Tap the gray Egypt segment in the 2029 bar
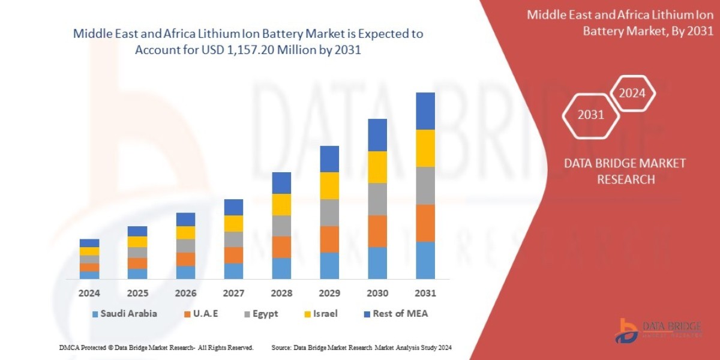tap(329, 212)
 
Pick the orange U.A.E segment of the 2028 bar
tap(281, 247)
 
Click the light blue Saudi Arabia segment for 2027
tap(233, 271)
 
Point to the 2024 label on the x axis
tap(89, 293)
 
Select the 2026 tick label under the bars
tap(185, 293)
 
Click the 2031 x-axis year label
tap(425, 293)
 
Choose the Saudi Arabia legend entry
tap(124, 314)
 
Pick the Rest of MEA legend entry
tap(395, 314)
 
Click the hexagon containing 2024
tap(632, 93)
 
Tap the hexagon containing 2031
tap(590, 115)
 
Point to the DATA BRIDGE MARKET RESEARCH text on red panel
tap(625, 171)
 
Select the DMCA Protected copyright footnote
tap(156, 347)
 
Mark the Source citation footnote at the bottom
tap(361, 347)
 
